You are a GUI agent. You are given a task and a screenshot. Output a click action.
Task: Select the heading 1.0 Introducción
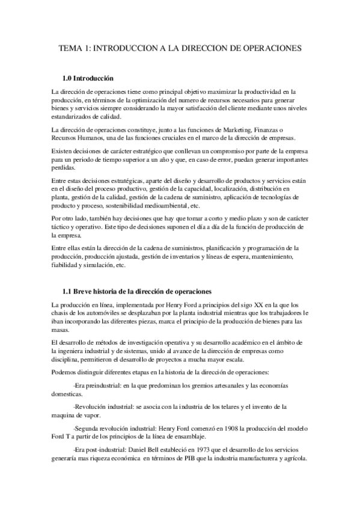88,79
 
